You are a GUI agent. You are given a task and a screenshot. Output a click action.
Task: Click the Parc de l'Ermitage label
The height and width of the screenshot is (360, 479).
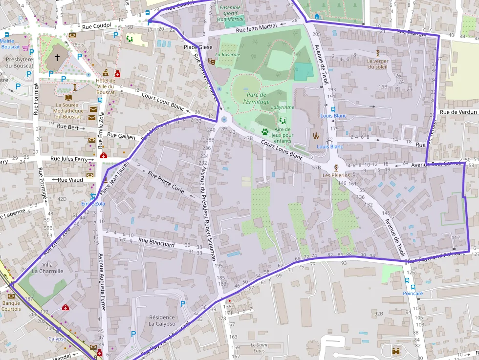[x=256, y=98]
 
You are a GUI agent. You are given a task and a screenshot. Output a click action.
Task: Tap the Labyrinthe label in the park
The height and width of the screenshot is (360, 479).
[x=283, y=107]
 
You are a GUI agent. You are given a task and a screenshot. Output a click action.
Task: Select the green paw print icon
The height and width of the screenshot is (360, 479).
[x=264, y=131]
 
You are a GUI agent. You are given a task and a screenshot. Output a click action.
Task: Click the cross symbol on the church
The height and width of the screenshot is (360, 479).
[x=57, y=58]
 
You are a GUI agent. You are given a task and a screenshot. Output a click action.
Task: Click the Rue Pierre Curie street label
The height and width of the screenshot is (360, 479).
[x=166, y=182]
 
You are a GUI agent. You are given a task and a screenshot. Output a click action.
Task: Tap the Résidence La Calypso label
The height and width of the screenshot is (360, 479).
[x=162, y=320]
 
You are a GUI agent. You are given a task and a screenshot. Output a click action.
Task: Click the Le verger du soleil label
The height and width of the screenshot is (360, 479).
[x=377, y=64]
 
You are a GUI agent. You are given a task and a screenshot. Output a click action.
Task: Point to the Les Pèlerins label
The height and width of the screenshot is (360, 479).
[x=336, y=174]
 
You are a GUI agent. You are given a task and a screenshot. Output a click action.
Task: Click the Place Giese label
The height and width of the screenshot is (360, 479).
[x=198, y=47]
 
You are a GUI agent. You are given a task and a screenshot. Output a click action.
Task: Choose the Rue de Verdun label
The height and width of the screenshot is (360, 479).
[x=457, y=112]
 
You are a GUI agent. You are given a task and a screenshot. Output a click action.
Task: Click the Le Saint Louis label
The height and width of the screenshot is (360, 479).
[x=259, y=348]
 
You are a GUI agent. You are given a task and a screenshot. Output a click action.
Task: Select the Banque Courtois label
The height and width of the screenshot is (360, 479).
[x=11, y=306]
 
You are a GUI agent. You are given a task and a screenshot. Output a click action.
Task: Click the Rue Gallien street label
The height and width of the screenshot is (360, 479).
[x=121, y=136]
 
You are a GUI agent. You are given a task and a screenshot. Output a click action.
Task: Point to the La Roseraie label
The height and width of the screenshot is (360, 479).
[x=227, y=55]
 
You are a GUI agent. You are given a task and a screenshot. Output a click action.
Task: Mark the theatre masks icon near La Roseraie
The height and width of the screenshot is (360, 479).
[x=212, y=62]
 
